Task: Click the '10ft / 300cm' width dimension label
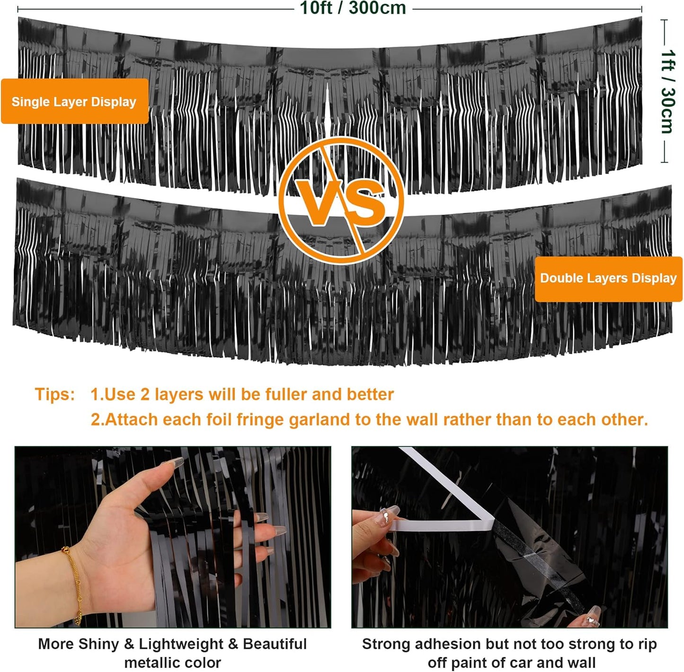(353, 8)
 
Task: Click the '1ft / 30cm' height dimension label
(667, 91)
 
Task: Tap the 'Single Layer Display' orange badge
(74, 101)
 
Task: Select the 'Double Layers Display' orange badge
(608, 278)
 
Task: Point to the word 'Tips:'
(55, 394)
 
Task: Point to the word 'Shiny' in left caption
(98, 644)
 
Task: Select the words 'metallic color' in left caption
(172, 662)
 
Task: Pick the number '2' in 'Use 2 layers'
(145, 394)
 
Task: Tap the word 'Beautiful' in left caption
(275, 644)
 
